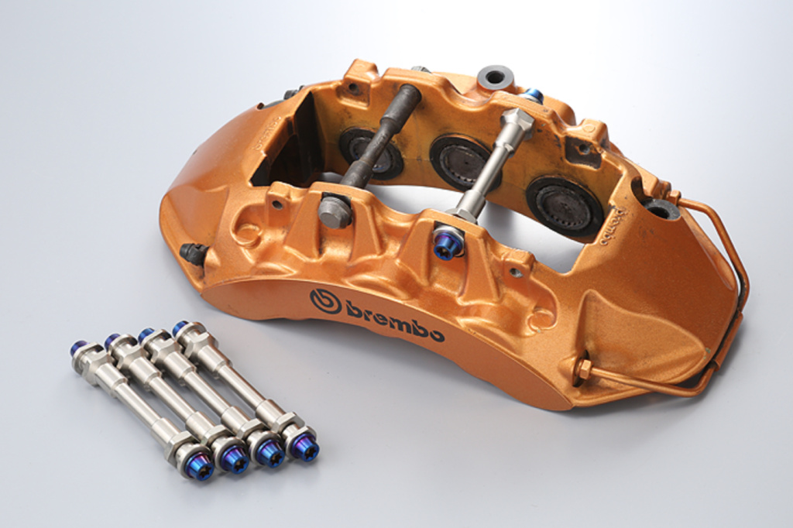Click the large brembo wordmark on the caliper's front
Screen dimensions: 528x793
click(395, 320)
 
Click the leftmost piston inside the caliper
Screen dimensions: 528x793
click(372, 153)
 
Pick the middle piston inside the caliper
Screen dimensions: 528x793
click(464, 163)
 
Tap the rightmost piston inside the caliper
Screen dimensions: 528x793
click(565, 206)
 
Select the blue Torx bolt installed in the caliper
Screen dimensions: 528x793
click(448, 245)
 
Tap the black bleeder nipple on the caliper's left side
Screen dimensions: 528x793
click(193, 253)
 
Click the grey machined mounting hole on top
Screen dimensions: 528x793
click(495, 77)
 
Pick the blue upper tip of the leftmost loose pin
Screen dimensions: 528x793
click(78, 348)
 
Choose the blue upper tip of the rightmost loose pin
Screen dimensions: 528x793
click(180, 327)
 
